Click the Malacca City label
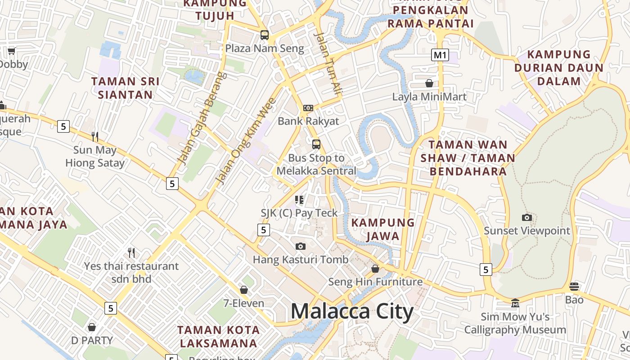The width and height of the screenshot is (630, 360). click(x=352, y=311)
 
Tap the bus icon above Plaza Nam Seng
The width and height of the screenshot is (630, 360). click(x=265, y=35)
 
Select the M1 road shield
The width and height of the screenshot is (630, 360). click(x=440, y=55)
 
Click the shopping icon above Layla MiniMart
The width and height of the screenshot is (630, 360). click(x=429, y=83)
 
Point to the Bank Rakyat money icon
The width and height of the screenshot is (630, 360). click(x=308, y=108)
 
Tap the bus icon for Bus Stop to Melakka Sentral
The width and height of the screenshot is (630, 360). click(x=316, y=144)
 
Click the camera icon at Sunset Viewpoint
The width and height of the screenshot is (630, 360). click(x=526, y=218)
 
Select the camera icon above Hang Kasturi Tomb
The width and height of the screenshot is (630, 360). click(x=300, y=246)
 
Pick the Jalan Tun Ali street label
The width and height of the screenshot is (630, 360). click(x=328, y=63)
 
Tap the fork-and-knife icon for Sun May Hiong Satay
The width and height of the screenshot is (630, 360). click(x=94, y=136)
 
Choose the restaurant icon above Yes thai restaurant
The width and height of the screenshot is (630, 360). click(x=131, y=252)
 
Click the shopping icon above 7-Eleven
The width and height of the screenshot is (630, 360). click(x=244, y=290)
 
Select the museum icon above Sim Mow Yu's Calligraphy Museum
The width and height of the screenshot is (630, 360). click(x=515, y=303)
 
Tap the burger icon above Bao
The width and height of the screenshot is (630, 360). click(x=574, y=286)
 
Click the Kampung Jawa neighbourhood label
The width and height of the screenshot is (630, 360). click(x=382, y=229)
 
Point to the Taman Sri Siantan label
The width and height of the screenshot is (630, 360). click(x=125, y=88)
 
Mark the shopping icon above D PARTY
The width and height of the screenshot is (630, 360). click(x=92, y=327)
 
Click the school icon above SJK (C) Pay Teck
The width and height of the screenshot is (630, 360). click(x=299, y=199)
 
